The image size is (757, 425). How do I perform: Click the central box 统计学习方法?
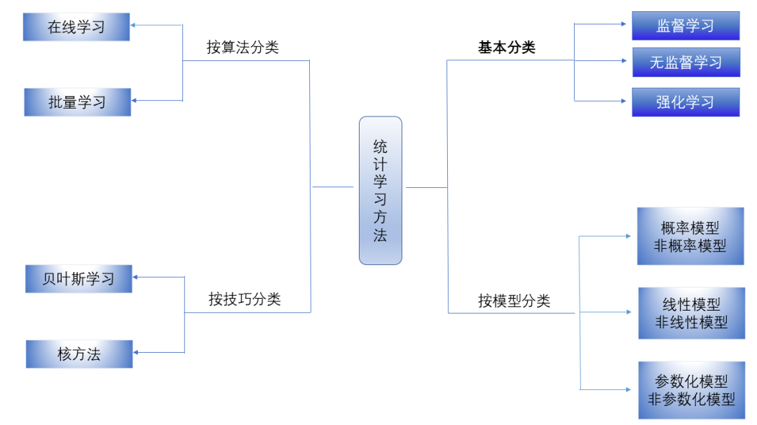click(380, 190)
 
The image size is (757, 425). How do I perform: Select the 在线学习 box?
click(76, 27)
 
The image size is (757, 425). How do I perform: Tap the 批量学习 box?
click(77, 102)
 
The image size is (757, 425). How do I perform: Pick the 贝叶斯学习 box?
click(79, 278)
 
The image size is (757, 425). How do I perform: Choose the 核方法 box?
click(79, 354)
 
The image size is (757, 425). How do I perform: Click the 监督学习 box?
click(686, 26)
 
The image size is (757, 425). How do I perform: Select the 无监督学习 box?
click(686, 62)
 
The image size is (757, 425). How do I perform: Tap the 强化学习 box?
click(686, 102)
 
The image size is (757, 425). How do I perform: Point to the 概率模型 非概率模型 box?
click(690, 236)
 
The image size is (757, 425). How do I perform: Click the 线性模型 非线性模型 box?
click(691, 313)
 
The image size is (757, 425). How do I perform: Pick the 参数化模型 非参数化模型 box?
click(691, 390)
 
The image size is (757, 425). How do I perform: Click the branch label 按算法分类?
click(243, 47)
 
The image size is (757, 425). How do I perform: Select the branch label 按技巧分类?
click(245, 299)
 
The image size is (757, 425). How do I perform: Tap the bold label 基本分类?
click(507, 47)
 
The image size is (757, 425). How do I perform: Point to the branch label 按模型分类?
click(514, 301)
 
